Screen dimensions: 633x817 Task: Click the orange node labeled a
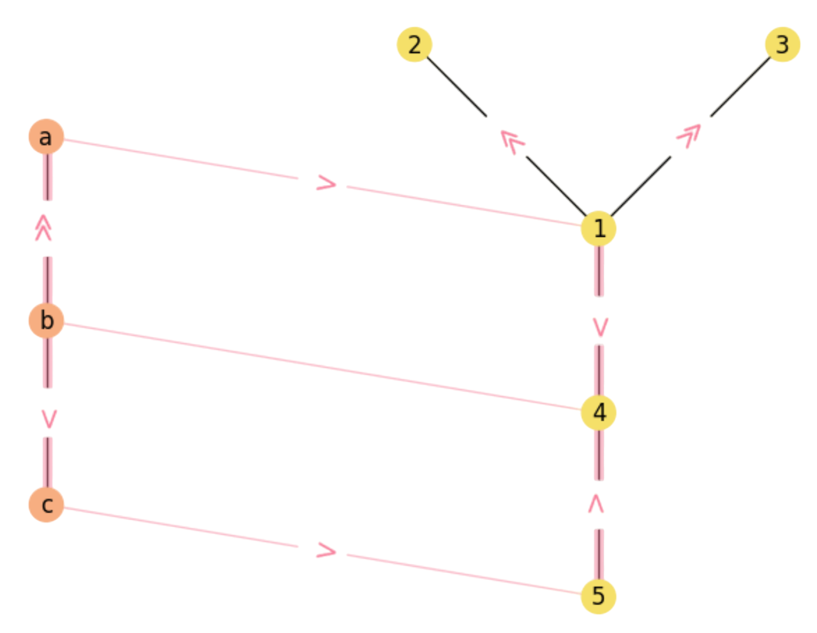[x=46, y=137]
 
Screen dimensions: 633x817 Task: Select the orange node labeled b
[x=46, y=320]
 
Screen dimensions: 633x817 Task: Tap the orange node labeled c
[x=46, y=504]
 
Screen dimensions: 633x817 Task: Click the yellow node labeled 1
[x=598, y=228]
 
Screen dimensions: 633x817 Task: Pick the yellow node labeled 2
[x=414, y=45]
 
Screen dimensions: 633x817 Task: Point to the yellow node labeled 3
[x=782, y=45]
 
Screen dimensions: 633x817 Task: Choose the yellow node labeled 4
[x=598, y=412]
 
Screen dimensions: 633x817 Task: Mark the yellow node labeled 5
[x=598, y=596]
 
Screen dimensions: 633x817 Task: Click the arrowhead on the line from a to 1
[x=326, y=184]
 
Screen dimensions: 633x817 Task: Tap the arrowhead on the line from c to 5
[x=326, y=551]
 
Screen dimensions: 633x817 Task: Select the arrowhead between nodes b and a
[x=43, y=228]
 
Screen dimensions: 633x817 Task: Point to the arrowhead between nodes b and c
[x=49, y=419]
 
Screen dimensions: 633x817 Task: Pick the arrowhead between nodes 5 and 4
[x=596, y=503]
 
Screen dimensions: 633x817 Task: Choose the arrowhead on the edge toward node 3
[x=689, y=135]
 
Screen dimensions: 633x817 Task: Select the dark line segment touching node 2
[x=456, y=87]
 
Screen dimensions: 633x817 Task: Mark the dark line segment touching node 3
[x=740, y=87]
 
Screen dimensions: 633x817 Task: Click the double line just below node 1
[x=599, y=271]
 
